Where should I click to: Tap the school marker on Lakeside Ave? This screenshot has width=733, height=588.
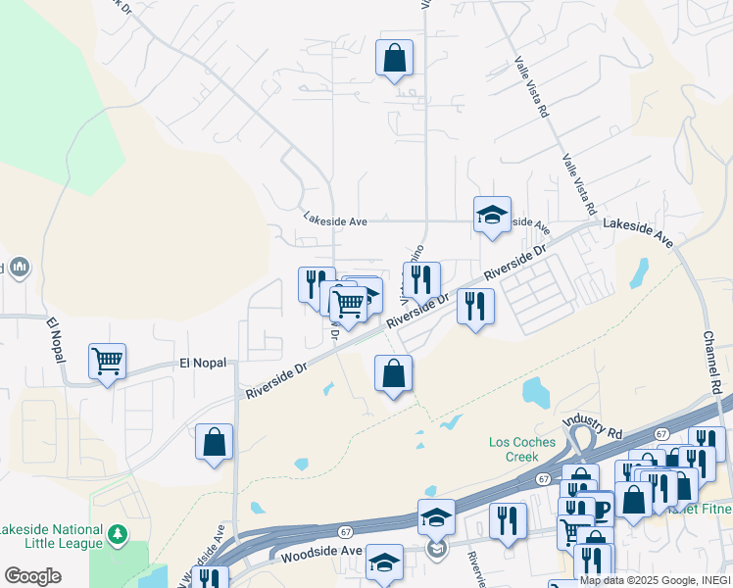[x=492, y=215]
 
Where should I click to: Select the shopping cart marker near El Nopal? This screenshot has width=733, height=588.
[x=107, y=360]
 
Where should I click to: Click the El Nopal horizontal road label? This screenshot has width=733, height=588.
[x=203, y=363]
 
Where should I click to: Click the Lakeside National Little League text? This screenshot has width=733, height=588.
[x=51, y=536]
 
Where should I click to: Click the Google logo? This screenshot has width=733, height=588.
[x=32, y=576]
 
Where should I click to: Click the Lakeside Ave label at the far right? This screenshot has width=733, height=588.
[x=638, y=231]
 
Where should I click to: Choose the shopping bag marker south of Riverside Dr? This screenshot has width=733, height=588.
[x=393, y=373]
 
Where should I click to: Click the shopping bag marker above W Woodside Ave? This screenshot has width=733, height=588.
[x=214, y=442]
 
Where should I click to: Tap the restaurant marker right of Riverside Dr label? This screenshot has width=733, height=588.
[x=475, y=306]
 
